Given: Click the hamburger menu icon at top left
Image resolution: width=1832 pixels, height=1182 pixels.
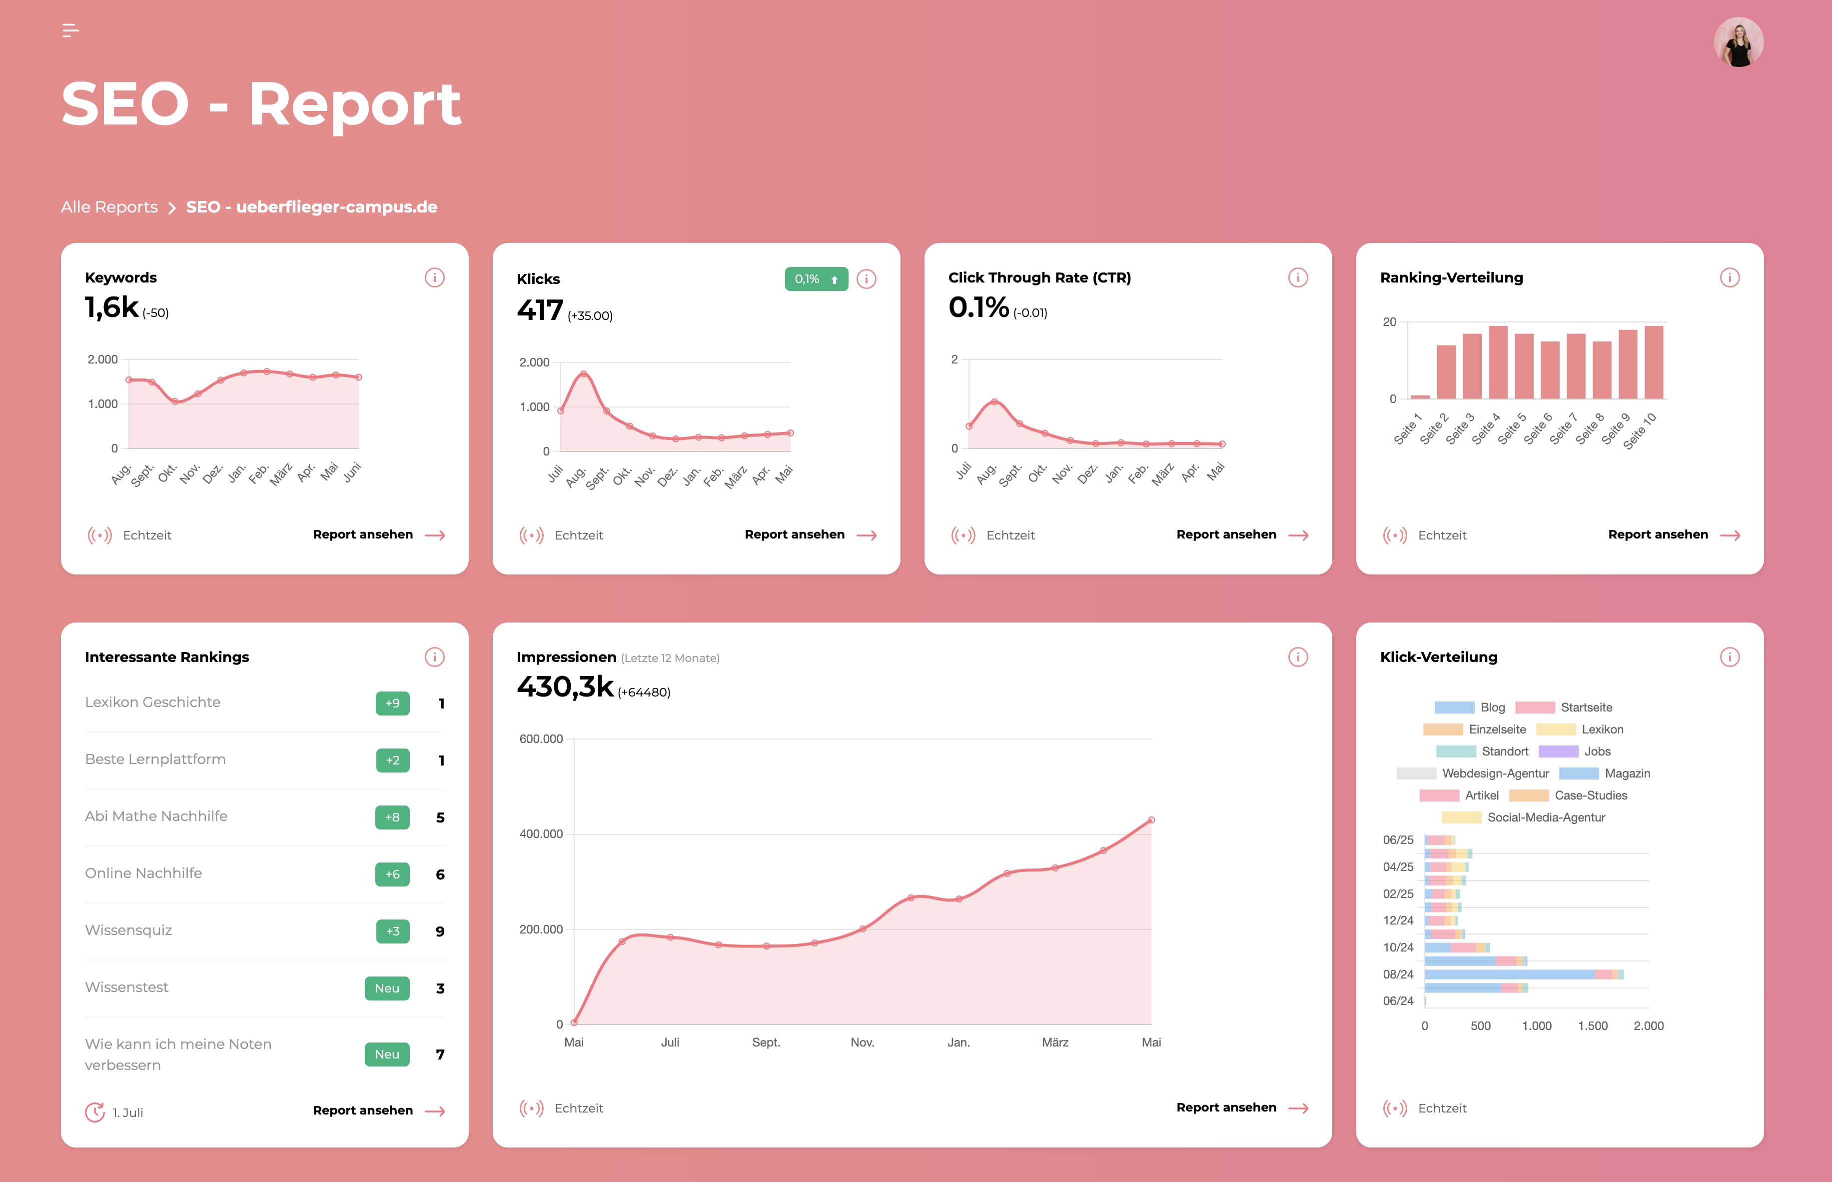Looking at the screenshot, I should coord(70,30).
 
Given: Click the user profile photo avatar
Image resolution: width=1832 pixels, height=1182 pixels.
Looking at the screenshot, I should coord(1739,42).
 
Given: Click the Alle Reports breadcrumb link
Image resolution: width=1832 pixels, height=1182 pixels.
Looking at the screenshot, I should coord(109,207).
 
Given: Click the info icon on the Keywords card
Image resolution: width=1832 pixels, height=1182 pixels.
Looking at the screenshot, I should coord(434,278).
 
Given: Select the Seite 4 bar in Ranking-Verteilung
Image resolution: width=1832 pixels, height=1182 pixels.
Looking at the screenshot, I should coord(1498,363).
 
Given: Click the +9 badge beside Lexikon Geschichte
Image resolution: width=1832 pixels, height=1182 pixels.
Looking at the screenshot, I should coord(392,703).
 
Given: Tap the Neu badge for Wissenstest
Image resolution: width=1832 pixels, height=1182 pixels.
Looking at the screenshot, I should coord(387,988).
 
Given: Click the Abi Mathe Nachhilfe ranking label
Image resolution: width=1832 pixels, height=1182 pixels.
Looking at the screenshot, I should coord(156,816).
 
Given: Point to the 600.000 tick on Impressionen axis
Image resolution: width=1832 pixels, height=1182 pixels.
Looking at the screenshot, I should coord(541,739).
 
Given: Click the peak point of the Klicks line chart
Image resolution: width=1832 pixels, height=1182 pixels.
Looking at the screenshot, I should coord(584,374).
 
